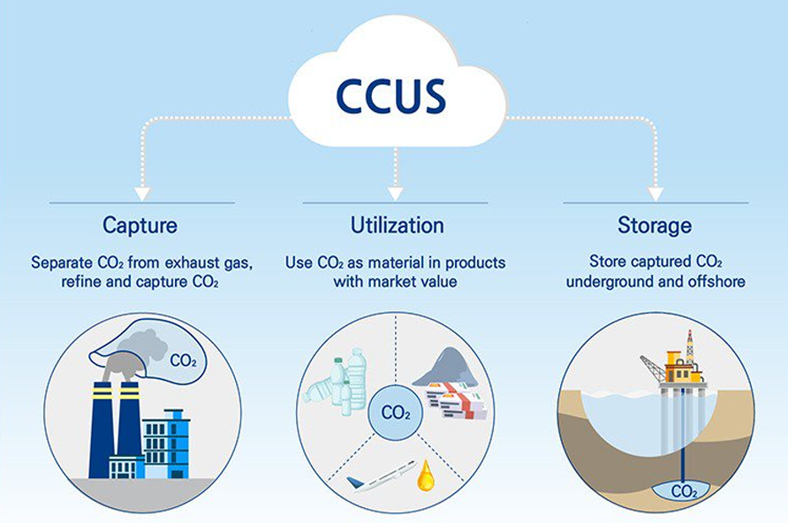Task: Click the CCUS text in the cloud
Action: click(391, 95)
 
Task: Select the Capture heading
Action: click(140, 225)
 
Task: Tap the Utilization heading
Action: click(397, 225)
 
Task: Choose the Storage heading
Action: click(655, 225)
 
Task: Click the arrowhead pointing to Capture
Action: click(143, 193)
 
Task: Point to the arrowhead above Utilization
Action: click(396, 193)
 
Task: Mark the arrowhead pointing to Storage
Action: click(655, 193)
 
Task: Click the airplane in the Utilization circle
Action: click(382, 475)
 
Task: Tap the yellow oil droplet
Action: click(426, 475)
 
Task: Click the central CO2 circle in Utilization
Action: click(396, 413)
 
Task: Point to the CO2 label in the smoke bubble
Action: click(183, 360)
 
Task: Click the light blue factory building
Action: click(166, 444)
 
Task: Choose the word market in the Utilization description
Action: click(395, 281)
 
